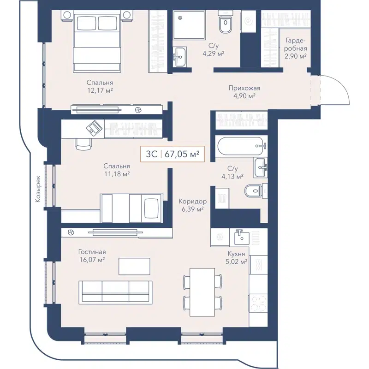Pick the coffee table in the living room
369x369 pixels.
[134, 266]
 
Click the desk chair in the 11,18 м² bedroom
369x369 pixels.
[83, 144]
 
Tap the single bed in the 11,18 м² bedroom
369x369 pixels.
[132, 207]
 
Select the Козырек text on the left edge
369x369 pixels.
[39, 189]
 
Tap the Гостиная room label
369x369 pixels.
[92, 252]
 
